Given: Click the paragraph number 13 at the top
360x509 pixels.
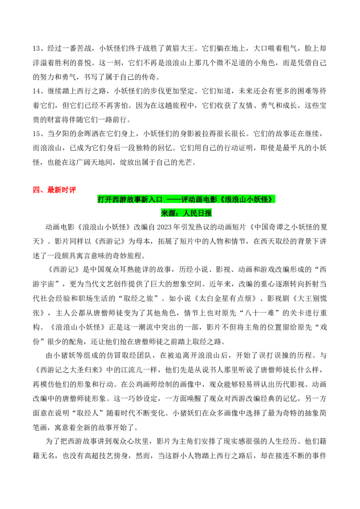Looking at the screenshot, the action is point(36,49).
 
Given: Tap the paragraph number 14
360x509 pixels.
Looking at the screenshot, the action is point(36,91).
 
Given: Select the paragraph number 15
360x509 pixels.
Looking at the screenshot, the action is point(36,134).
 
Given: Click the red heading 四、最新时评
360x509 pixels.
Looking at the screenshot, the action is point(54,190).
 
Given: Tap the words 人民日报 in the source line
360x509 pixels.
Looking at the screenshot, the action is point(197,213).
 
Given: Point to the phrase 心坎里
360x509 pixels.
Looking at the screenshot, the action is point(139,442).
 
